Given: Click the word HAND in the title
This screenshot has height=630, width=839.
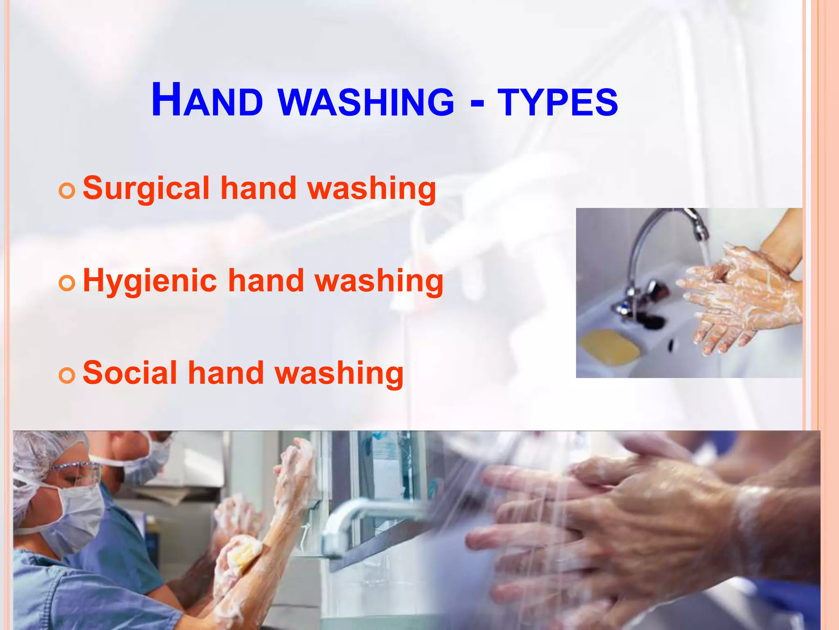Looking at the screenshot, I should point(207,100).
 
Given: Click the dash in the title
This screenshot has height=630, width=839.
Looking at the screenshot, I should point(477,103).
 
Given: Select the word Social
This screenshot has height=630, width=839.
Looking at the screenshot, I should point(130,373).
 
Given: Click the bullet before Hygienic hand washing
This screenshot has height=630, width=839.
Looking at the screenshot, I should point(67,283).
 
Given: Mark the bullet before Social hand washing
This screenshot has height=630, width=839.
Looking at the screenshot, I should point(67,375).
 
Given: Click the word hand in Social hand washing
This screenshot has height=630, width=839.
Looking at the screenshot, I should point(226,373).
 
